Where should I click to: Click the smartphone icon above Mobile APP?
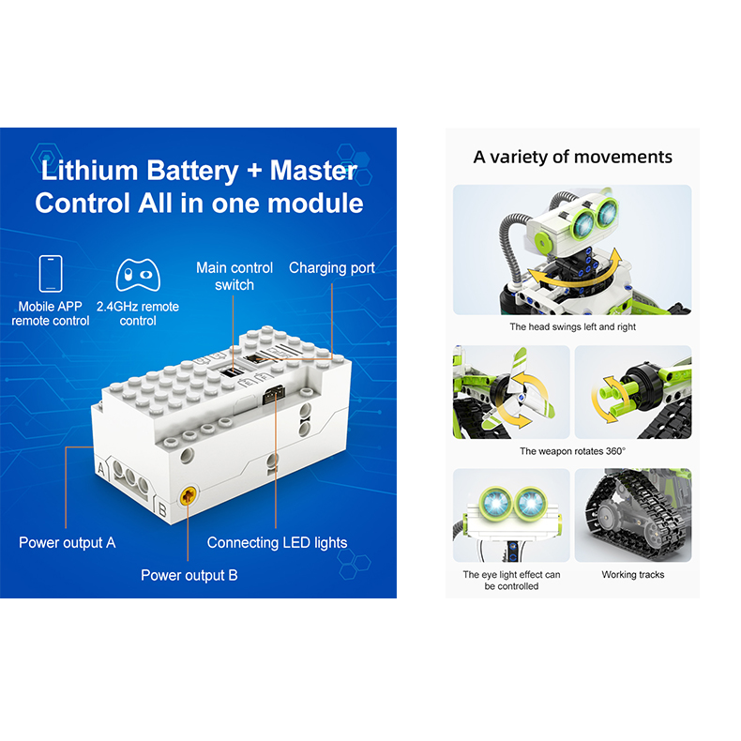51,274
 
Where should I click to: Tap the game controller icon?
138,275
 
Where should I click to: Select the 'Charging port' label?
332,268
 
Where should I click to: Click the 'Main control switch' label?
234,277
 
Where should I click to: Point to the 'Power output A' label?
68,542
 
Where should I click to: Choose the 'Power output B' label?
189,575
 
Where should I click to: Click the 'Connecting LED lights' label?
277,542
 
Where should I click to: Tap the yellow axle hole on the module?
189,496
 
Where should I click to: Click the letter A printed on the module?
101,469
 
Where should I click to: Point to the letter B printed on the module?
162,510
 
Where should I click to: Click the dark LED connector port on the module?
274,395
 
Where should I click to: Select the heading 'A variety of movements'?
573,157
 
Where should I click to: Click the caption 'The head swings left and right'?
573,326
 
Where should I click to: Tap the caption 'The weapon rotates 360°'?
573,451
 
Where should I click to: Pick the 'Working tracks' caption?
633,575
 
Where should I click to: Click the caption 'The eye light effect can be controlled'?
511,581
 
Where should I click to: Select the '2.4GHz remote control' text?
138,313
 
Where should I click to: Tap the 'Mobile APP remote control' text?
51,313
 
